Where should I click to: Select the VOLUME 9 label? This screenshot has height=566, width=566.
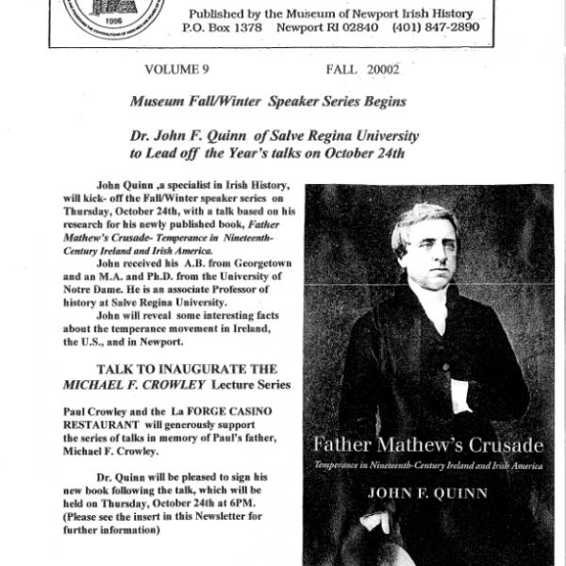click(176, 69)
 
